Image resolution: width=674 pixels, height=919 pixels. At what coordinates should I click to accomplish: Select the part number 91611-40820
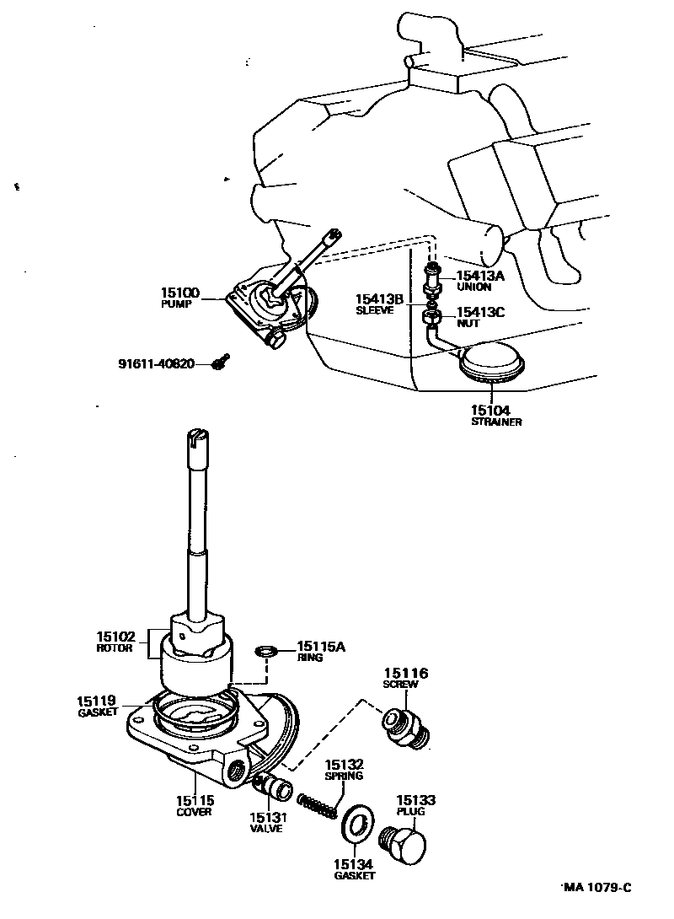click(156, 364)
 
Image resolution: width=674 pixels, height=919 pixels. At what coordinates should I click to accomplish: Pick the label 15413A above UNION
click(480, 275)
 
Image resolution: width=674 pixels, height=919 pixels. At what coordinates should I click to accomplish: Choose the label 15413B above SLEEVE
click(378, 298)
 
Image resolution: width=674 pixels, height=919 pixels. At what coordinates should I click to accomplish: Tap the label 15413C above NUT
click(480, 312)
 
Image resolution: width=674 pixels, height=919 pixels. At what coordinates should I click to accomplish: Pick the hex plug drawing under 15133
click(405, 843)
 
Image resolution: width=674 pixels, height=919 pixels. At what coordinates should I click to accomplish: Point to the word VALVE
click(265, 829)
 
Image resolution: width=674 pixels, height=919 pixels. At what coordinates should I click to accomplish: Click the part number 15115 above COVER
click(195, 801)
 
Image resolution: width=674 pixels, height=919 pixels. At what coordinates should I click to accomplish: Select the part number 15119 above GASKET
click(97, 701)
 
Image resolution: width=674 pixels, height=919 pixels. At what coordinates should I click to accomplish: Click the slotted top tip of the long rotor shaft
click(195, 437)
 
